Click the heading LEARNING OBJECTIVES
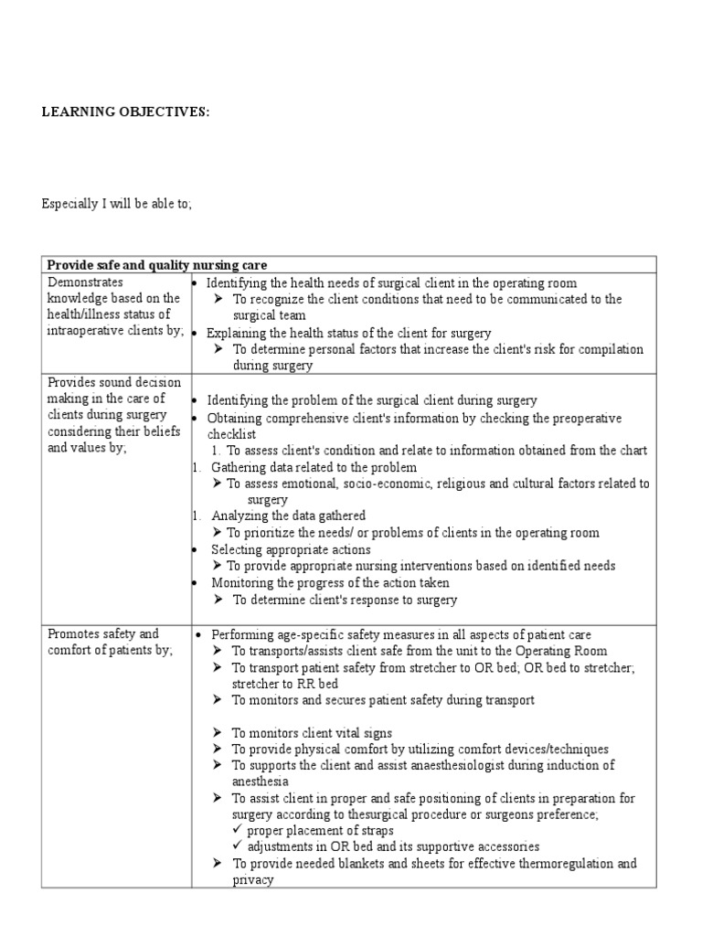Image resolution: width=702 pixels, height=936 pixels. point(125,112)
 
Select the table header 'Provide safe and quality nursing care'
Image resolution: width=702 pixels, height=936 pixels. point(157,265)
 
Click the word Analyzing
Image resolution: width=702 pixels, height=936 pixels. point(239,516)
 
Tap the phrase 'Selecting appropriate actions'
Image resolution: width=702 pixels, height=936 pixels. point(291,549)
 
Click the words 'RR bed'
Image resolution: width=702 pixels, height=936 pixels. point(313,683)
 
